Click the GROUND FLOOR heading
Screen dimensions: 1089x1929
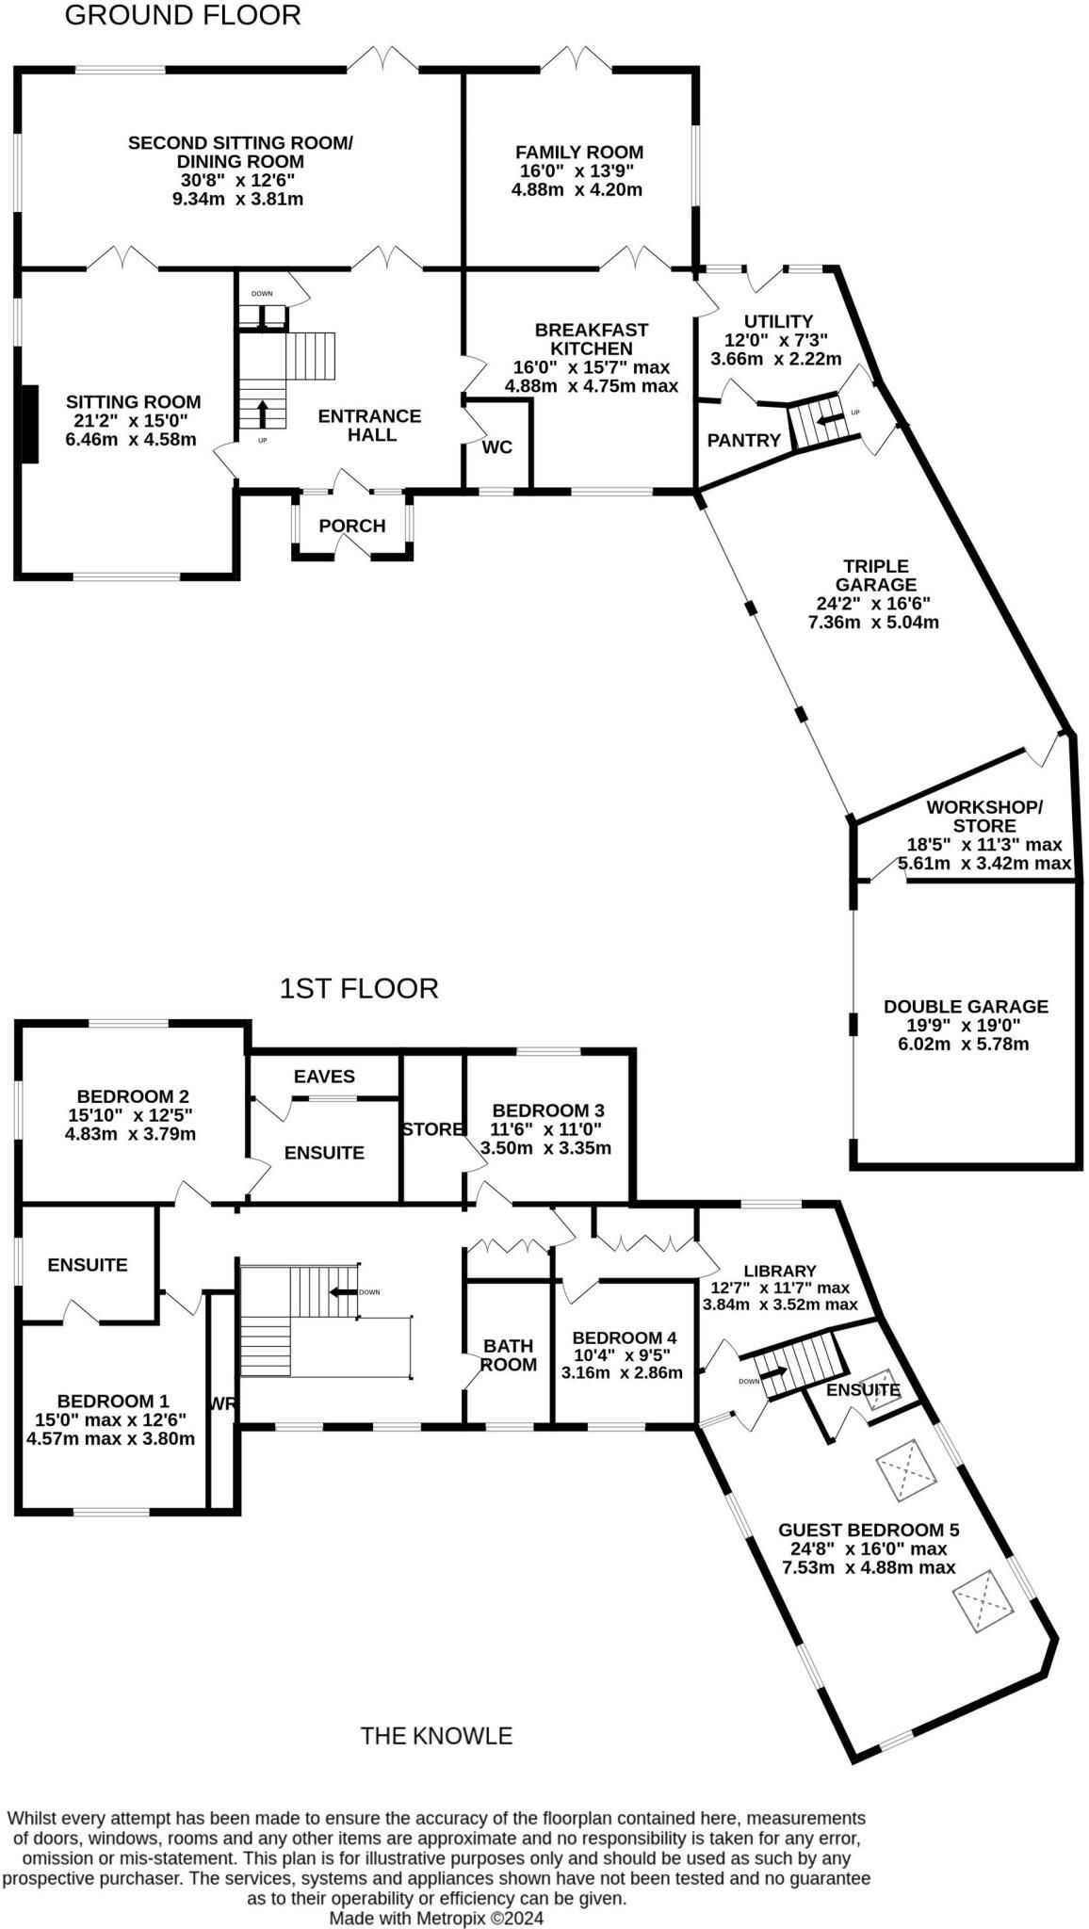[x=183, y=15]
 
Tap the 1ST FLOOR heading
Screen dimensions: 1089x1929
[x=359, y=988]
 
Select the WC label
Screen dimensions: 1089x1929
[x=497, y=446]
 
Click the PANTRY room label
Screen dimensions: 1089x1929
[x=744, y=440]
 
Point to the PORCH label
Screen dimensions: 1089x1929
[x=352, y=526]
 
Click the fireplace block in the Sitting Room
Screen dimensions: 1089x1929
[x=30, y=424]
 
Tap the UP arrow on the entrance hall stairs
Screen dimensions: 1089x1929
[x=262, y=413]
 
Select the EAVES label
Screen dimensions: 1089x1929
[x=324, y=1077]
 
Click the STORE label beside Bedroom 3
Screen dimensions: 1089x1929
[x=432, y=1128]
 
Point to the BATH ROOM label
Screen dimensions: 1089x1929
[x=509, y=1354]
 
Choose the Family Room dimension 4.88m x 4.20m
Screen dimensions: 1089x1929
[x=577, y=189]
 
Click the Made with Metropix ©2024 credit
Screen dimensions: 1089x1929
[x=436, y=1917]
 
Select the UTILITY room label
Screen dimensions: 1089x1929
[x=777, y=321]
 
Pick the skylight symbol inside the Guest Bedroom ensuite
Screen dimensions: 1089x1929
[x=882, y=1387]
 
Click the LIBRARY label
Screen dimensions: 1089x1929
[x=779, y=1271]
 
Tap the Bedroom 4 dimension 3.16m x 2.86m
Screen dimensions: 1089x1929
[x=622, y=1372]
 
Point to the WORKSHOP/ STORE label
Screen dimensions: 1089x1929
[x=984, y=817]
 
